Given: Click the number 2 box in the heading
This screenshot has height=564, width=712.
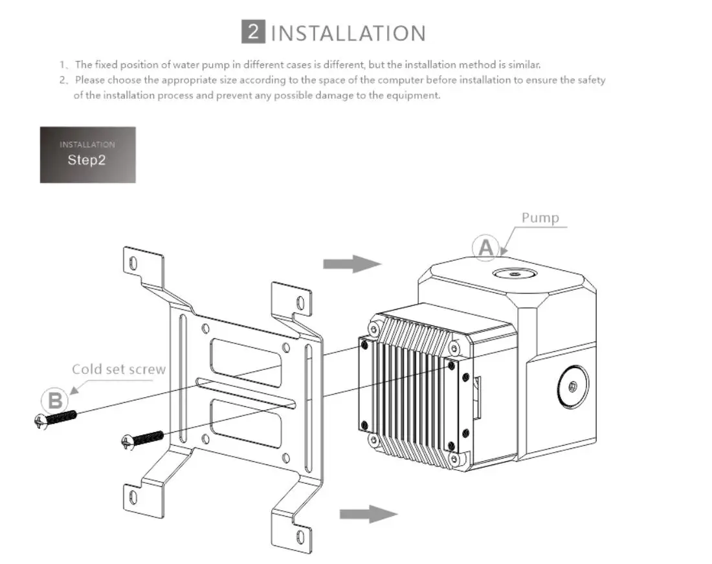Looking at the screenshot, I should tap(253, 32).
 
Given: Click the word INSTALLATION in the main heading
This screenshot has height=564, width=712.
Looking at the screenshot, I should tap(348, 33).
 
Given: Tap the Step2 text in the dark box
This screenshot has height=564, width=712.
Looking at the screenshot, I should tap(86, 160).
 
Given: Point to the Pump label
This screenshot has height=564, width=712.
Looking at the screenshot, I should tap(540, 217).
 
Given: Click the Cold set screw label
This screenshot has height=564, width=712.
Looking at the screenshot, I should tap(118, 369).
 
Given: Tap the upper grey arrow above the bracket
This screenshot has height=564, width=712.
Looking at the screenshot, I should tap(351, 263).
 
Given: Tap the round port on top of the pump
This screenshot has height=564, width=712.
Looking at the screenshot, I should tap(513, 274).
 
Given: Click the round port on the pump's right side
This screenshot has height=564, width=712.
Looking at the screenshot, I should tap(572, 387).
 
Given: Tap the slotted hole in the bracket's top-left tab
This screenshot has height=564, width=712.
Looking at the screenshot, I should tap(133, 263).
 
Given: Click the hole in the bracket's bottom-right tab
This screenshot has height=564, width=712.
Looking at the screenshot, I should tap(299, 536).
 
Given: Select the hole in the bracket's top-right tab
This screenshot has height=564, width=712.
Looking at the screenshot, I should tap(299, 302).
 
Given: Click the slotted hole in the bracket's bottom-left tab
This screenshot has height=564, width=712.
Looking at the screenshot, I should tap(133, 497).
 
